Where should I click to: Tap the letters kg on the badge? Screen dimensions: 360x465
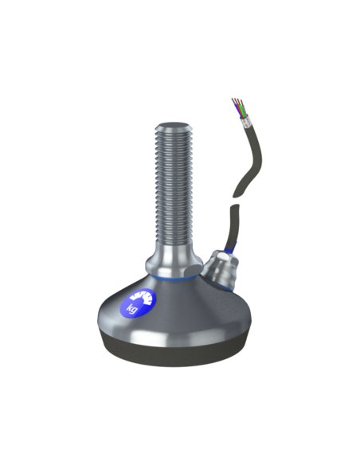(x=132, y=309)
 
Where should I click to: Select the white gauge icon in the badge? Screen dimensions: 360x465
(x=143, y=298)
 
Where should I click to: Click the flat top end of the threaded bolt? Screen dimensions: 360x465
(x=174, y=125)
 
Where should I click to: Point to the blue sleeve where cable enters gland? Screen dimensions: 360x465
(x=230, y=248)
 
